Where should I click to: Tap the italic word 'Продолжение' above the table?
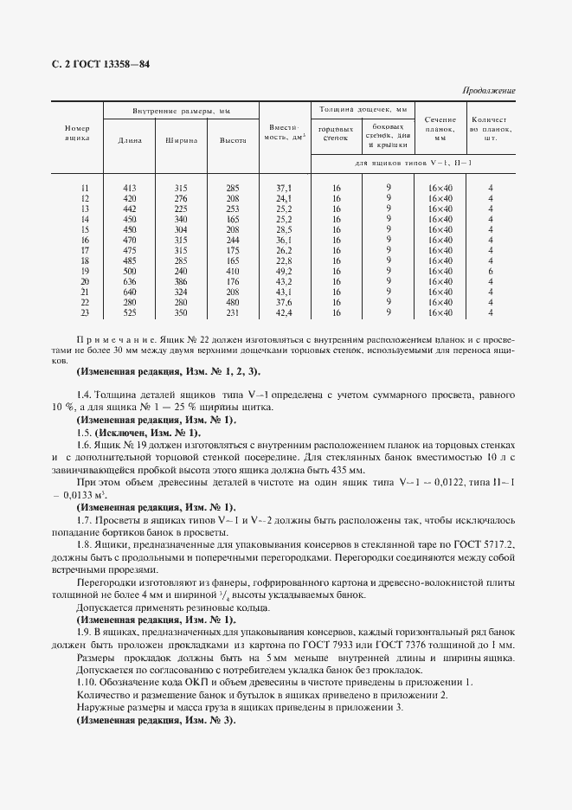pos(489,90)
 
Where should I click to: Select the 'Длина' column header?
pos(130,139)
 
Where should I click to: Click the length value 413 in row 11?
pos(131,188)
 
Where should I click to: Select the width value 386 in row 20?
pos(181,281)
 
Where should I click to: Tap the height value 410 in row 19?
pos(233,271)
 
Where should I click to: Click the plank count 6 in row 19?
pos(490,271)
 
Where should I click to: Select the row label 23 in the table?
pos(84,312)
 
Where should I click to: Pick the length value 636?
pos(131,281)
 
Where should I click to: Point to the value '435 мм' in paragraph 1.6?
pos(352,468)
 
